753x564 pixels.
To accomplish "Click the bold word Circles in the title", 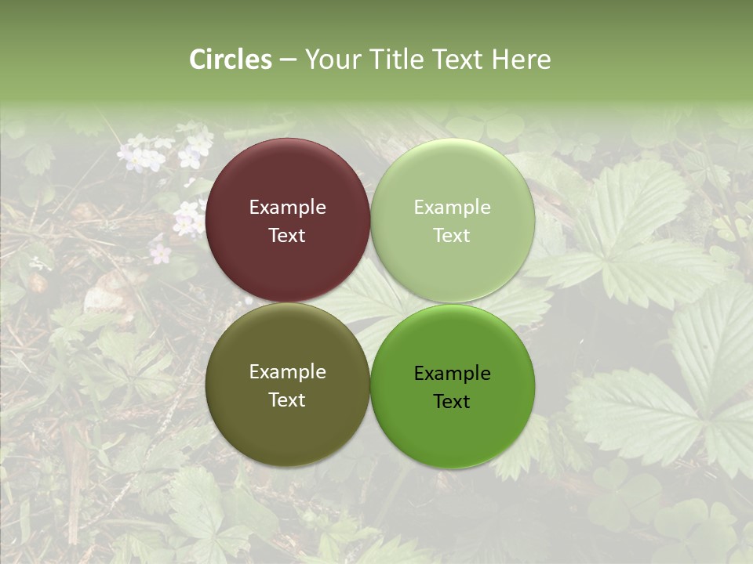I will [x=231, y=60].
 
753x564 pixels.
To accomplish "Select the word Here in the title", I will [x=521, y=60].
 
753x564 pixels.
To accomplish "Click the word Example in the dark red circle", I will [x=287, y=208].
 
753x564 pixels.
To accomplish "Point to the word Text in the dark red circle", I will [x=287, y=236].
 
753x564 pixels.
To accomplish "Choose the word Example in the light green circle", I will [x=453, y=208].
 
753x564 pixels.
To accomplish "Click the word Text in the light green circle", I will [x=453, y=236].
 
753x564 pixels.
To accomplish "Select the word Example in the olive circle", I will [x=287, y=372].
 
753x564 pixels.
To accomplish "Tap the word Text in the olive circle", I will [x=287, y=400].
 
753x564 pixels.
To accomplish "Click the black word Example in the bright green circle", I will [x=453, y=374].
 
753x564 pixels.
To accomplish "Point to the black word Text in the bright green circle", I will [x=453, y=402].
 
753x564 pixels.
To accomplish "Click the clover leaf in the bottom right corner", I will [x=690, y=525].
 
